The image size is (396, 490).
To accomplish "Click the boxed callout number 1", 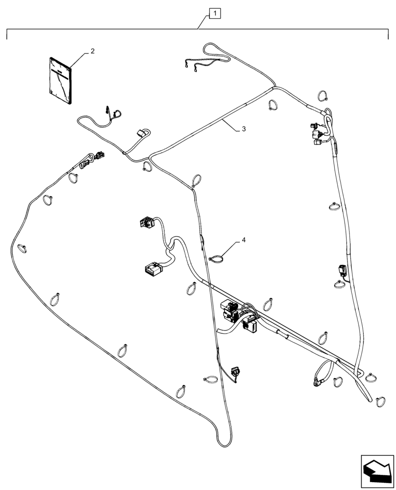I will pyautogui.click(x=216, y=14).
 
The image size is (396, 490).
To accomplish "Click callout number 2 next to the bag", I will pyautogui.click(x=92, y=51).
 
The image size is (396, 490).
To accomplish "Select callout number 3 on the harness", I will pyautogui.click(x=243, y=129).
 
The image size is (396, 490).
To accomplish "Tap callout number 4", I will pyautogui.click(x=243, y=241).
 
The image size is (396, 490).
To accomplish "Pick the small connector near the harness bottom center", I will pyautogui.click(x=236, y=372).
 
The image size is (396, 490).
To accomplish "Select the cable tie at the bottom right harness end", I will pyautogui.click(x=380, y=402).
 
